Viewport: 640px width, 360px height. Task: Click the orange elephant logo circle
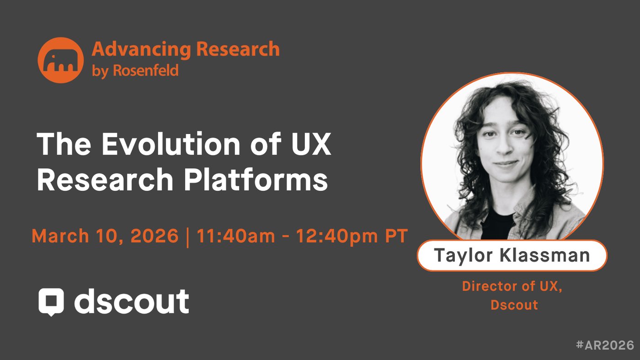coord(60,60)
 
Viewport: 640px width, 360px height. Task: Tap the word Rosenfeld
coord(146,70)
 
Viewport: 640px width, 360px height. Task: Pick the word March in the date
coord(60,236)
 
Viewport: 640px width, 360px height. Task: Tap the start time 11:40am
coord(236,236)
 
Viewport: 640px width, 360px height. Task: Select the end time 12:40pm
coord(336,236)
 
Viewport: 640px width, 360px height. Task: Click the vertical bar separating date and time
coord(187,237)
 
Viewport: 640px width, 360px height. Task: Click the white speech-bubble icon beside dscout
coord(51,302)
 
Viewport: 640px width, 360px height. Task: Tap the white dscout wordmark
coord(132,301)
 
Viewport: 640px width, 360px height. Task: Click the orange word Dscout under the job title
coord(514,305)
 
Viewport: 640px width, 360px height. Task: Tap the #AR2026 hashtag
coord(605,345)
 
